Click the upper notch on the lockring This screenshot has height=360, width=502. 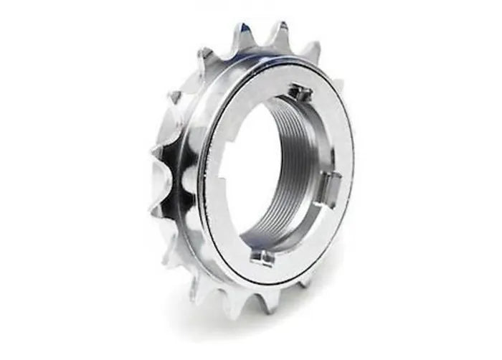[300, 93]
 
